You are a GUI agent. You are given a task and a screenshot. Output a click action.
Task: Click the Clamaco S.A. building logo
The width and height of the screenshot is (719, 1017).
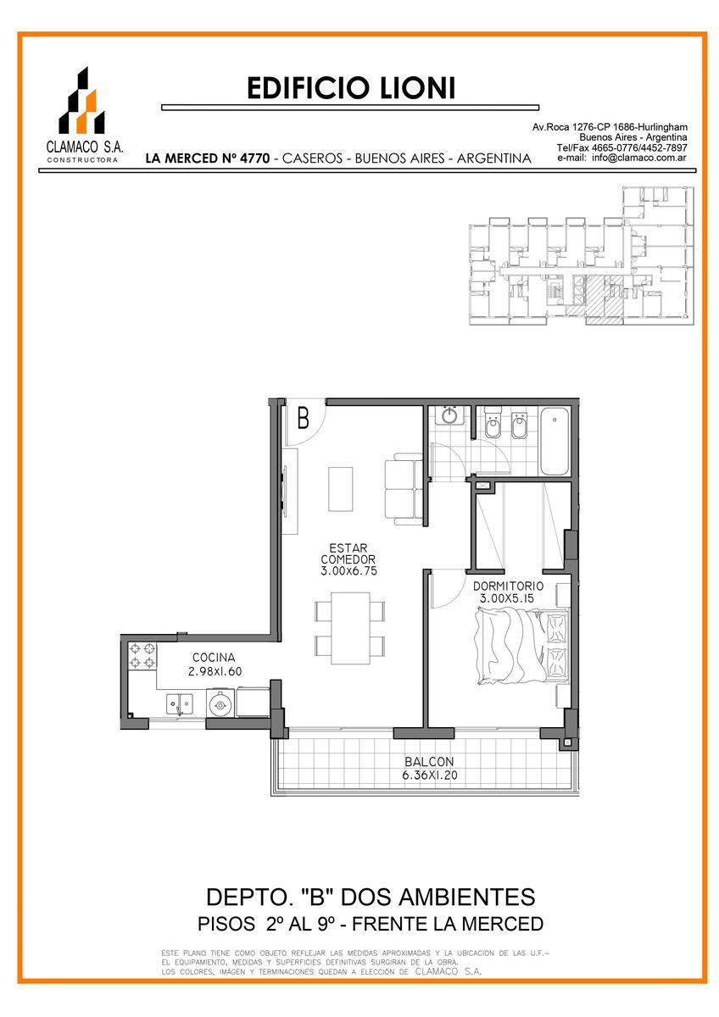(81, 100)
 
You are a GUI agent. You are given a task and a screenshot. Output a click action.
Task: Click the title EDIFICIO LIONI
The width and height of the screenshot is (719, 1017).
(351, 88)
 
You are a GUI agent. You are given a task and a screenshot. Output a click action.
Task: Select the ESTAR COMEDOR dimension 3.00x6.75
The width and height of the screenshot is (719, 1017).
(348, 571)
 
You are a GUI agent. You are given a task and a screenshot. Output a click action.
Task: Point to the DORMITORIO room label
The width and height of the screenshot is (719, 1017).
(508, 586)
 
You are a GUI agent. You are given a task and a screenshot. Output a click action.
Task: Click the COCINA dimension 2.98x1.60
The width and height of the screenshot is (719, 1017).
(215, 671)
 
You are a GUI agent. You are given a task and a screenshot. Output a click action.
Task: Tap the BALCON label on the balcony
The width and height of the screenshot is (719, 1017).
(429, 761)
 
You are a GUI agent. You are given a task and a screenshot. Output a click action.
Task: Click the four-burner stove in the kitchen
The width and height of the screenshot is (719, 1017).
(142, 656)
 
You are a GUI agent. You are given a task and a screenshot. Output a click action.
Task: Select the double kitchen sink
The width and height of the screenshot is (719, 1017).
(179, 704)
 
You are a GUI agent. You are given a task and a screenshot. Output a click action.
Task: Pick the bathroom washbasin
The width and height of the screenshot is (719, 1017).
(449, 415)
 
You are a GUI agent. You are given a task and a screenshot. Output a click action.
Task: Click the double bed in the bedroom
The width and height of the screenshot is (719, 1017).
(521, 646)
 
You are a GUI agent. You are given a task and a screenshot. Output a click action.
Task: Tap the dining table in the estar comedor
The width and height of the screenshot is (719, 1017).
(349, 628)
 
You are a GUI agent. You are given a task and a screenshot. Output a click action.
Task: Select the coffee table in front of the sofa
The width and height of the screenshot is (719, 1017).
(341, 488)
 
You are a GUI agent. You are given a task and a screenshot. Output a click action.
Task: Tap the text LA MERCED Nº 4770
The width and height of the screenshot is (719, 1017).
(208, 158)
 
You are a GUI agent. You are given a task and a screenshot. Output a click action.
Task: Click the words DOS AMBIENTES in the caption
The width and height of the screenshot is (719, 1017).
(438, 897)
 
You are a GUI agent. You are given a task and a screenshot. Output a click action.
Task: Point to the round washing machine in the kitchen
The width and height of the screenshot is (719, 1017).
(220, 704)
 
